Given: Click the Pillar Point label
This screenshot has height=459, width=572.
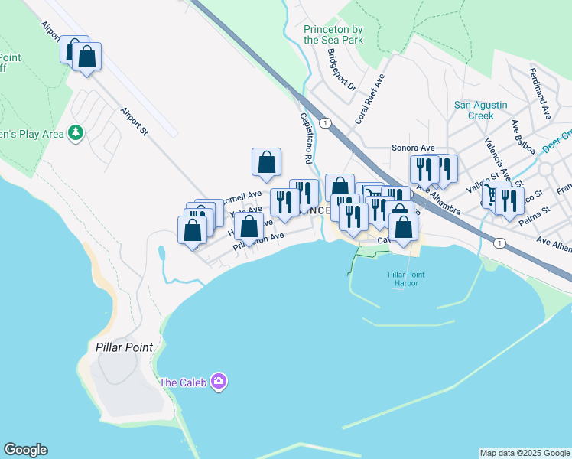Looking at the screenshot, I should point(125,347).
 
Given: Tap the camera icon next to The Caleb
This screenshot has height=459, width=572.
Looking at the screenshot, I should point(219,382).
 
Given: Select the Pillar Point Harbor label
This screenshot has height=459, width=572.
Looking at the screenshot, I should point(406,278).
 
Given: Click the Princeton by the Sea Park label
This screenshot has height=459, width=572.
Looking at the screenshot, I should point(333,34).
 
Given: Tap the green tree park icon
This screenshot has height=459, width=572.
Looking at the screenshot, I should point(75,134).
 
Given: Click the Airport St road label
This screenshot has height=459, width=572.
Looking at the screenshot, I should point(133,121).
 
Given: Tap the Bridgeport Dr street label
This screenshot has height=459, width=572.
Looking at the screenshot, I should point(342,70).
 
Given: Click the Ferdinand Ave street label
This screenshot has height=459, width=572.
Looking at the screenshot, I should point(540,93).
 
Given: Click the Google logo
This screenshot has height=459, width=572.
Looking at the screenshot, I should point(25,450).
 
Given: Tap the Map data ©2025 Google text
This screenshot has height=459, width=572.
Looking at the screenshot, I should point(525,453).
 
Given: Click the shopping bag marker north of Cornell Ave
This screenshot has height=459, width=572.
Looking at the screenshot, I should point(266,162).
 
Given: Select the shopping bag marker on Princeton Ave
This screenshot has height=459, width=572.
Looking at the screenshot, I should point(249,227).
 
